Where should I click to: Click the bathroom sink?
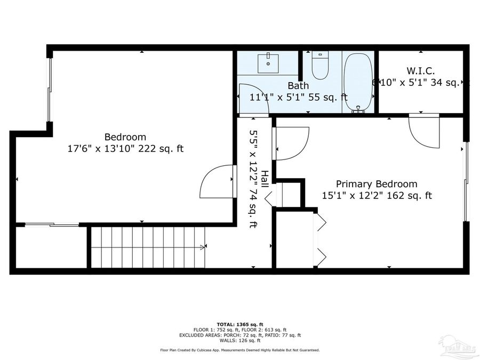click(268, 62)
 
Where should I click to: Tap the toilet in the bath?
click(320, 65)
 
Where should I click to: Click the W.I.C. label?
click(421, 70)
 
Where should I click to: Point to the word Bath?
click(298, 85)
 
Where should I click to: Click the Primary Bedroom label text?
click(377, 184)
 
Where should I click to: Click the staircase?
click(148, 247)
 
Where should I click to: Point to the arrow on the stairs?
click(202, 247)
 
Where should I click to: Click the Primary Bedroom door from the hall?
click(291, 143)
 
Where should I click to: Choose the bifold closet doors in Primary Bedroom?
click(320, 239)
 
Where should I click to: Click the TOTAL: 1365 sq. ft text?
click(239, 324)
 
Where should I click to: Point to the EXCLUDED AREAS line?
click(239, 335)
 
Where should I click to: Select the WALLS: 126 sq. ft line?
click(239, 340)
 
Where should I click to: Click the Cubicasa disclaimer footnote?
click(239, 350)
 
